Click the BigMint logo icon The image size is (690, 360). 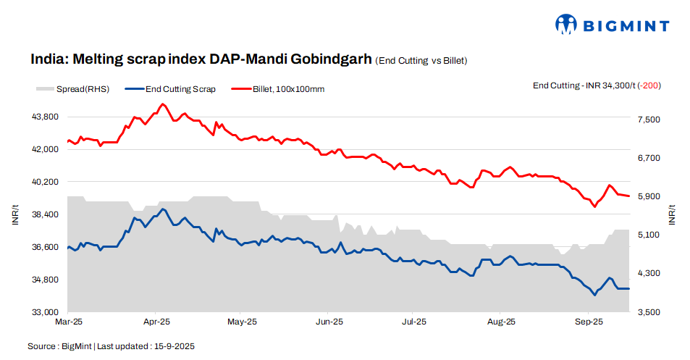click(x=565, y=24)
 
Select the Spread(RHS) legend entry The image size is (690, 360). click(x=72, y=89)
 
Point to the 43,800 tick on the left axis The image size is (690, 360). click(x=46, y=117)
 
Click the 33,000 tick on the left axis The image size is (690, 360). click(x=46, y=312)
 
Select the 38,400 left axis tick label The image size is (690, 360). click(x=46, y=214)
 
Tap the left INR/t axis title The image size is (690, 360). click(x=15, y=214)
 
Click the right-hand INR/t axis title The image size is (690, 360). click(x=674, y=214)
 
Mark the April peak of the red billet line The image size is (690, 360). click(x=162, y=104)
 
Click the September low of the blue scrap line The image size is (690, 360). click(x=594, y=295)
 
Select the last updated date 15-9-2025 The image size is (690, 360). click(x=173, y=346)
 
